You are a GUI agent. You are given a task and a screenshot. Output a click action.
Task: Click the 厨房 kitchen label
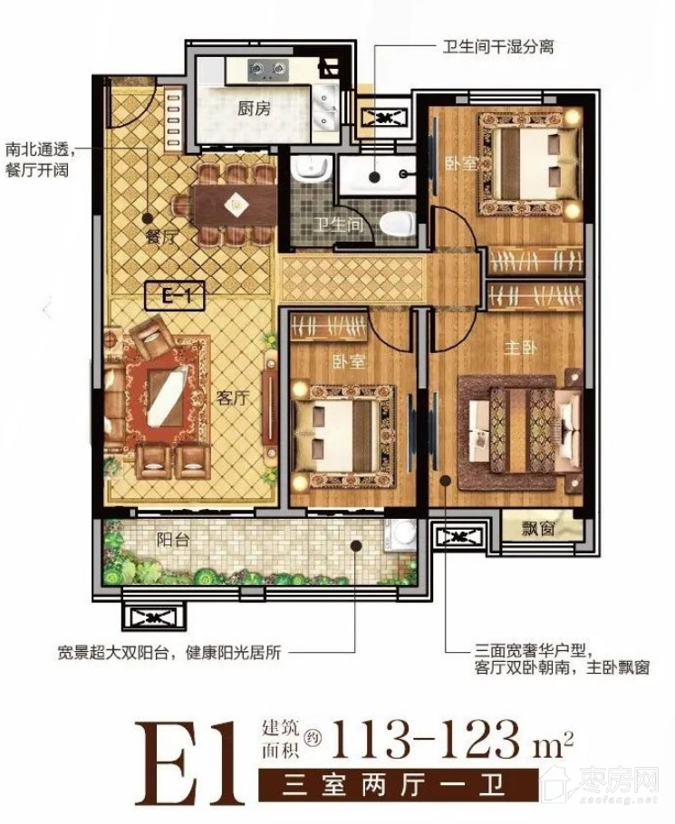254,109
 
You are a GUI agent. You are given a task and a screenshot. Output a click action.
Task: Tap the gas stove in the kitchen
269,69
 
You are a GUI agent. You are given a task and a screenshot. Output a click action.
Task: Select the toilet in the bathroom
398,224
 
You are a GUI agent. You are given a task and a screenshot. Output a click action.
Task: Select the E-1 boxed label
175,296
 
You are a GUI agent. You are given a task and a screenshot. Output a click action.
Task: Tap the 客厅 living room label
232,398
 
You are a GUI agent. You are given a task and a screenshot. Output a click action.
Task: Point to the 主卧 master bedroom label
520,348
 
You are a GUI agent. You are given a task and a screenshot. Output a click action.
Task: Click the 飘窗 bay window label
538,528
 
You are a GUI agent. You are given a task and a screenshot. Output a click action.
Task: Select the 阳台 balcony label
172,540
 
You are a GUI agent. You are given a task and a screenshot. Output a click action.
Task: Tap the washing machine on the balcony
401,535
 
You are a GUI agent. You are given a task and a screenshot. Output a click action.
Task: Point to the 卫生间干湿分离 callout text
497,47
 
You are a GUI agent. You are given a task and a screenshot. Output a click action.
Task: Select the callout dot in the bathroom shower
375,177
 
